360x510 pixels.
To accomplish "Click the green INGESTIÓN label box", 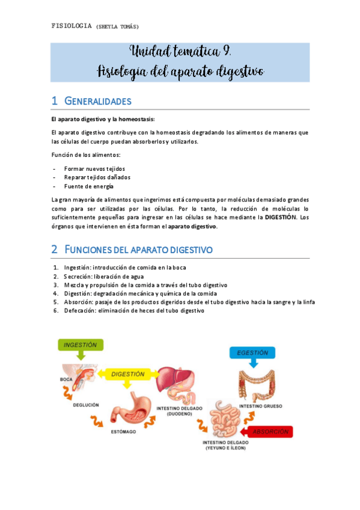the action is click(x=81, y=345).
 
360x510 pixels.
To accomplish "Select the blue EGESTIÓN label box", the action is click(x=252, y=352).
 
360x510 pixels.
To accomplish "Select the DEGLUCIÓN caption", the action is click(x=86, y=405).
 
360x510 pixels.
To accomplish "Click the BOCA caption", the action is click(x=66, y=379).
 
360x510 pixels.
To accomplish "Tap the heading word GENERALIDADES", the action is click(x=97, y=101).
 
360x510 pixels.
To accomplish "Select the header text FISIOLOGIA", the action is click(x=72, y=25).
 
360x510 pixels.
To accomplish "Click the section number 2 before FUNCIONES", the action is click(x=54, y=248).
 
